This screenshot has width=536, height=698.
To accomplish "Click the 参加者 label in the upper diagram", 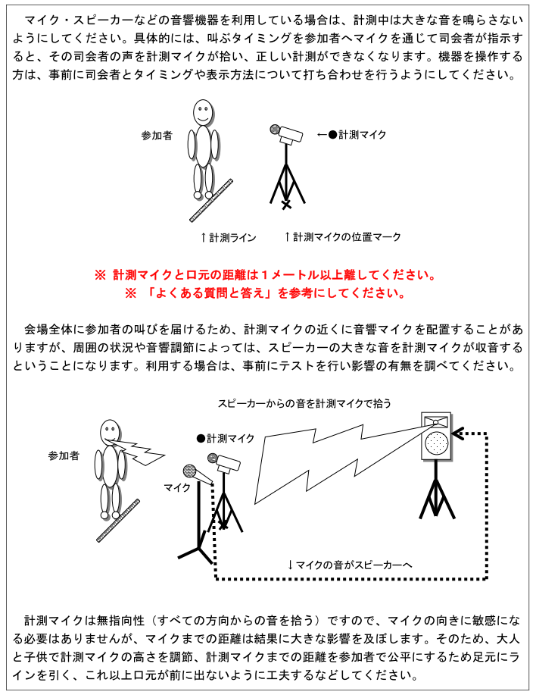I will pyautogui.click(x=157, y=136).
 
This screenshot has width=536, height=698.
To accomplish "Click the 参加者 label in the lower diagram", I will pyautogui.click(x=64, y=455).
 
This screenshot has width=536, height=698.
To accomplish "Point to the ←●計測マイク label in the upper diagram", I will pyautogui.click(x=351, y=134).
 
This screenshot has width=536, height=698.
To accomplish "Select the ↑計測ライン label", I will pyautogui.click(x=229, y=237).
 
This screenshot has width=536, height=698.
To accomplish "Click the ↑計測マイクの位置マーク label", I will pyautogui.click(x=342, y=237).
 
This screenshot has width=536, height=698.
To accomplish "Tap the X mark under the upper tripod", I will pyautogui.click(x=285, y=205).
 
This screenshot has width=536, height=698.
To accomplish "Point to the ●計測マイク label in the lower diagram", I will pyautogui.click(x=226, y=438).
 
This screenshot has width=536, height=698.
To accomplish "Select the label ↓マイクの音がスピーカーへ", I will pyautogui.click(x=349, y=565).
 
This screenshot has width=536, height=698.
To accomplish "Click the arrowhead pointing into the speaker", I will pyautogui.click(x=457, y=434).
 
